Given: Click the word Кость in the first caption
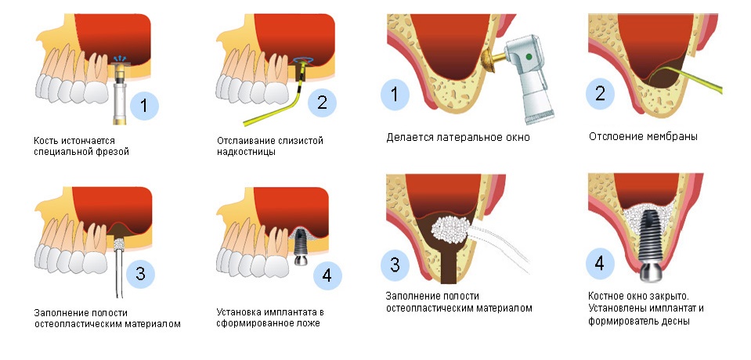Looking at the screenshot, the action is (x=46, y=141).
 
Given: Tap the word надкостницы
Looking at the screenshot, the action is (x=246, y=153).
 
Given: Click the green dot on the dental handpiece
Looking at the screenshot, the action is (x=529, y=56).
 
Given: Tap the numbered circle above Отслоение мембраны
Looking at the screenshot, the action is (x=600, y=93).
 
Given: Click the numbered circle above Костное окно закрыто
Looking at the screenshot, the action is (x=600, y=265).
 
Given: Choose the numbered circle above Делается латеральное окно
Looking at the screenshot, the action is (x=395, y=94).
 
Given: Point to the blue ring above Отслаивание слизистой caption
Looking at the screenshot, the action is (x=303, y=60).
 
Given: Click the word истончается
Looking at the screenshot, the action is (x=88, y=141).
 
